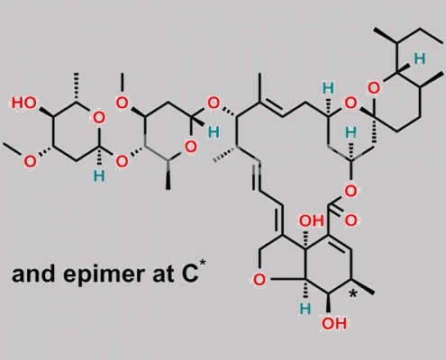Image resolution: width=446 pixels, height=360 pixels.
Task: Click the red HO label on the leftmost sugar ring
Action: click(24, 103)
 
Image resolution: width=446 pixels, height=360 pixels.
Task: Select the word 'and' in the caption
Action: click(33, 274)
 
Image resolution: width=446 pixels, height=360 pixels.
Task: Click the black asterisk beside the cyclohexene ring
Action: click(353, 294)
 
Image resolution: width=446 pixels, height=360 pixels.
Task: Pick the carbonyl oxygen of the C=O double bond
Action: click(350, 221)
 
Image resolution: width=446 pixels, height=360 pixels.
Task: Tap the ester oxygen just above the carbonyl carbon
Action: click(350, 191)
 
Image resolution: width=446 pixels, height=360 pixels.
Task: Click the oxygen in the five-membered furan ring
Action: click(259, 281)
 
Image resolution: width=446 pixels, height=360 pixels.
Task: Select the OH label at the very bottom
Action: click(334, 324)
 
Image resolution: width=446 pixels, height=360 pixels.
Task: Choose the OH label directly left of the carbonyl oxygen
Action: click(312, 221)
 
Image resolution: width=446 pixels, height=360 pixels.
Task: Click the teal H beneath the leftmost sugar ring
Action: click(99, 176)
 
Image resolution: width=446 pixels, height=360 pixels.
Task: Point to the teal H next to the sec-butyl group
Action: click(420, 58)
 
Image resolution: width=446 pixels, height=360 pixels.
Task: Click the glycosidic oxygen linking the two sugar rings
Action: click(122, 162)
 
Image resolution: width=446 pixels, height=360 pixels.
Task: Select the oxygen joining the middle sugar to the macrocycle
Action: click(214, 103)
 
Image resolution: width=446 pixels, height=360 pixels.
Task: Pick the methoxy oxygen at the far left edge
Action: click(30, 162)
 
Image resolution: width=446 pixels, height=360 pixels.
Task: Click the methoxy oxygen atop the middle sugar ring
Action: click(122, 103)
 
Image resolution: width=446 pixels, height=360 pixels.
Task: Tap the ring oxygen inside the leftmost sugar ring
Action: click(99, 118)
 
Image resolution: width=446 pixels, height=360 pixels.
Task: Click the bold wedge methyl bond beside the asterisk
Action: click(363, 286)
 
